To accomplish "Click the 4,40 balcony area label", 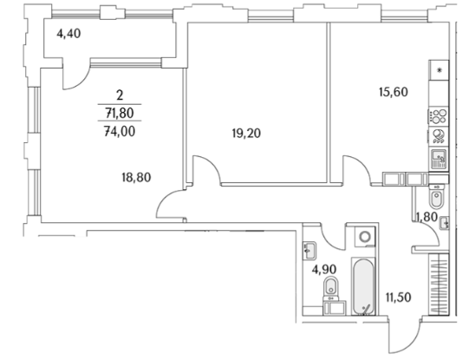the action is pyautogui.click(x=68, y=33).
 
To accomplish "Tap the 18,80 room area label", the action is pyautogui.click(x=136, y=178).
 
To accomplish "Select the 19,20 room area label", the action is pyautogui.click(x=246, y=133).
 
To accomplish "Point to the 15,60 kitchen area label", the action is pyautogui.click(x=394, y=92).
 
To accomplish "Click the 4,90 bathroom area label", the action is pyautogui.click(x=324, y=269).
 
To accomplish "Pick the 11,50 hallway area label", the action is pyautogui.click(x=399, y=298).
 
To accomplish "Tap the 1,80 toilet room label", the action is pyautogui.click(x=426, y=217).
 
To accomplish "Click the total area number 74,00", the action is pyautogui.click(x=120, y=132).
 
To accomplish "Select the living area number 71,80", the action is pyautogui.click(x=120, y=114).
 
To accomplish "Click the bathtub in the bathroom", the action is pyautogui.click(x=363, y=286).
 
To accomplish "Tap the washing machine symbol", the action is pyautogui.click(x=365, y=237).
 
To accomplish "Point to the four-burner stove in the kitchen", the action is pyautogui.click(x=439, y=115).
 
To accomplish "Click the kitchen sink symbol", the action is pyautogui.click(x=439, y=160).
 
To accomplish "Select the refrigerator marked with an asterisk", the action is pyautogui.click(x=439, y=70).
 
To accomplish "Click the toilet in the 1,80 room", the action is pyautogui.click(x=437, y=197).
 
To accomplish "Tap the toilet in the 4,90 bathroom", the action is pyautogui.click(x=330, y=288).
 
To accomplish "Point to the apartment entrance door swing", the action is pyautogui.click(x=406, y=340).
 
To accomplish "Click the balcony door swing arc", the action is pyautogui.click(x=80, y=82).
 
